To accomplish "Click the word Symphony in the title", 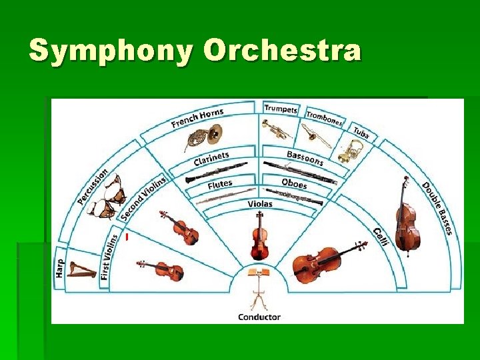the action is tap(111, 52).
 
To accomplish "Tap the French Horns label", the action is tap(197, 117).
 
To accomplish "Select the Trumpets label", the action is tap(281, 109).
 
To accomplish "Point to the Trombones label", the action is tap(325, 118).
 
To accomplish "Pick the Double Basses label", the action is tap(437, 208).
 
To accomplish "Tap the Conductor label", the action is tap(259, 317).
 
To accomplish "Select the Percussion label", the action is tap(93, 186).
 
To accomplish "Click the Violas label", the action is tap(260, 203).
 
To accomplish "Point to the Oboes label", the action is tap(294, 183).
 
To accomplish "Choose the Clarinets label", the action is tap(211, 159).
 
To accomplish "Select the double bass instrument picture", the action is tap(406, 217).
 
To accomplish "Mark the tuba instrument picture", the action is tap(351, 151).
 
